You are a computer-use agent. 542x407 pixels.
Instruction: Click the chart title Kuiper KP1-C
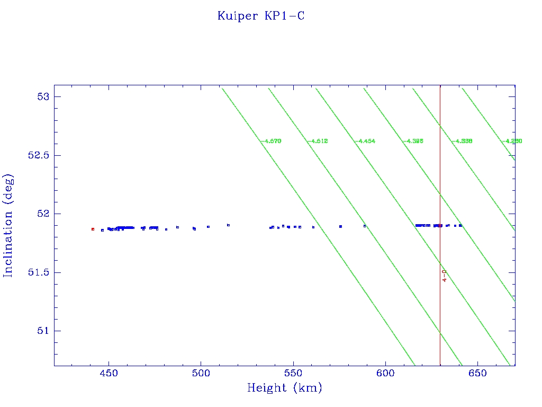pyautogui.click(x=261, y=16)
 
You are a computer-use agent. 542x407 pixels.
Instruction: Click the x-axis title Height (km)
pyautogui.click(x=284, y=388)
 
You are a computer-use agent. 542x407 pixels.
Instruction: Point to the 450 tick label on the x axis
pyautogui.click(x=109, y=374)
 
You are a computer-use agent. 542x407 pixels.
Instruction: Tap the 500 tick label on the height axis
pyautogui.click(x=201, y=374)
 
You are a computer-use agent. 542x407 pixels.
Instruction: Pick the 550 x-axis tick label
pyautogui.click(x=293, y=374)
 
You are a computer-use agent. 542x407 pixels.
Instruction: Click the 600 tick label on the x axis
pyautogui.click(x=385, y=374)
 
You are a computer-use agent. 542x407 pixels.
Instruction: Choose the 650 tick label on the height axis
pyautogui.click(x=477, y=374)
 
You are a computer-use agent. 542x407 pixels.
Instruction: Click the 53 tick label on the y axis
pyautogui.click(x=43, y=96)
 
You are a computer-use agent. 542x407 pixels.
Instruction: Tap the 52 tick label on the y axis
pyautogui.click(x=43, y=214)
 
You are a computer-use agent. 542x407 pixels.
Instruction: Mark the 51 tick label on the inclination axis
pyautogui.click(x=43, y=331)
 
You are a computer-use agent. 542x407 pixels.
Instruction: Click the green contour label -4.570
pyautogui.click(x=270, y=141)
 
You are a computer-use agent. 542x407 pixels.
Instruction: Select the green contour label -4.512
pyautogui.click(x=318, y=141)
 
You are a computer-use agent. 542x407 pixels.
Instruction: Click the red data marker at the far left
pyautogui.click(x=93, y=229)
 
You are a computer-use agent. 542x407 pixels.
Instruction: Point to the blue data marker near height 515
pyautogui.click(x=228, y=225)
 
